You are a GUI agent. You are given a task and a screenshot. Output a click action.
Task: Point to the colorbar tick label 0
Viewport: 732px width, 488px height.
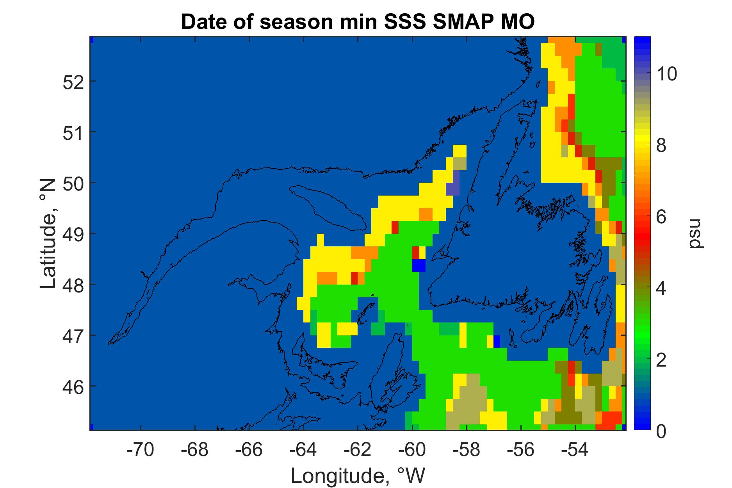[x=661, y=432]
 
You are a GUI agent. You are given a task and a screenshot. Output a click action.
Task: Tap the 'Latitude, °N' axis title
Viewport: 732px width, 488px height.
[x=48, y=234]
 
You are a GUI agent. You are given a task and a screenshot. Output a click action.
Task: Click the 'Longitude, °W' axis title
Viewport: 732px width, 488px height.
[x=358, y=475]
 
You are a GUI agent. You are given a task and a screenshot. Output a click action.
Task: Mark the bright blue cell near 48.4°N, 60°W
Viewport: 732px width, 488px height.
[x=419, y=265]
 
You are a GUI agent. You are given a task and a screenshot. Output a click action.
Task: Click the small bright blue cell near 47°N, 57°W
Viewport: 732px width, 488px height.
[x=497, y=341]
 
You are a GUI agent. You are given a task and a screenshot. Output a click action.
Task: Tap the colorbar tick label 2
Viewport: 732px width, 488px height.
[x=661, y=360]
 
